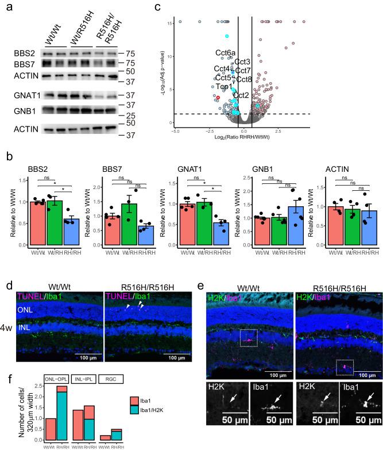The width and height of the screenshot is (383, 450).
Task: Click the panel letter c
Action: click(x=173, y=7)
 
